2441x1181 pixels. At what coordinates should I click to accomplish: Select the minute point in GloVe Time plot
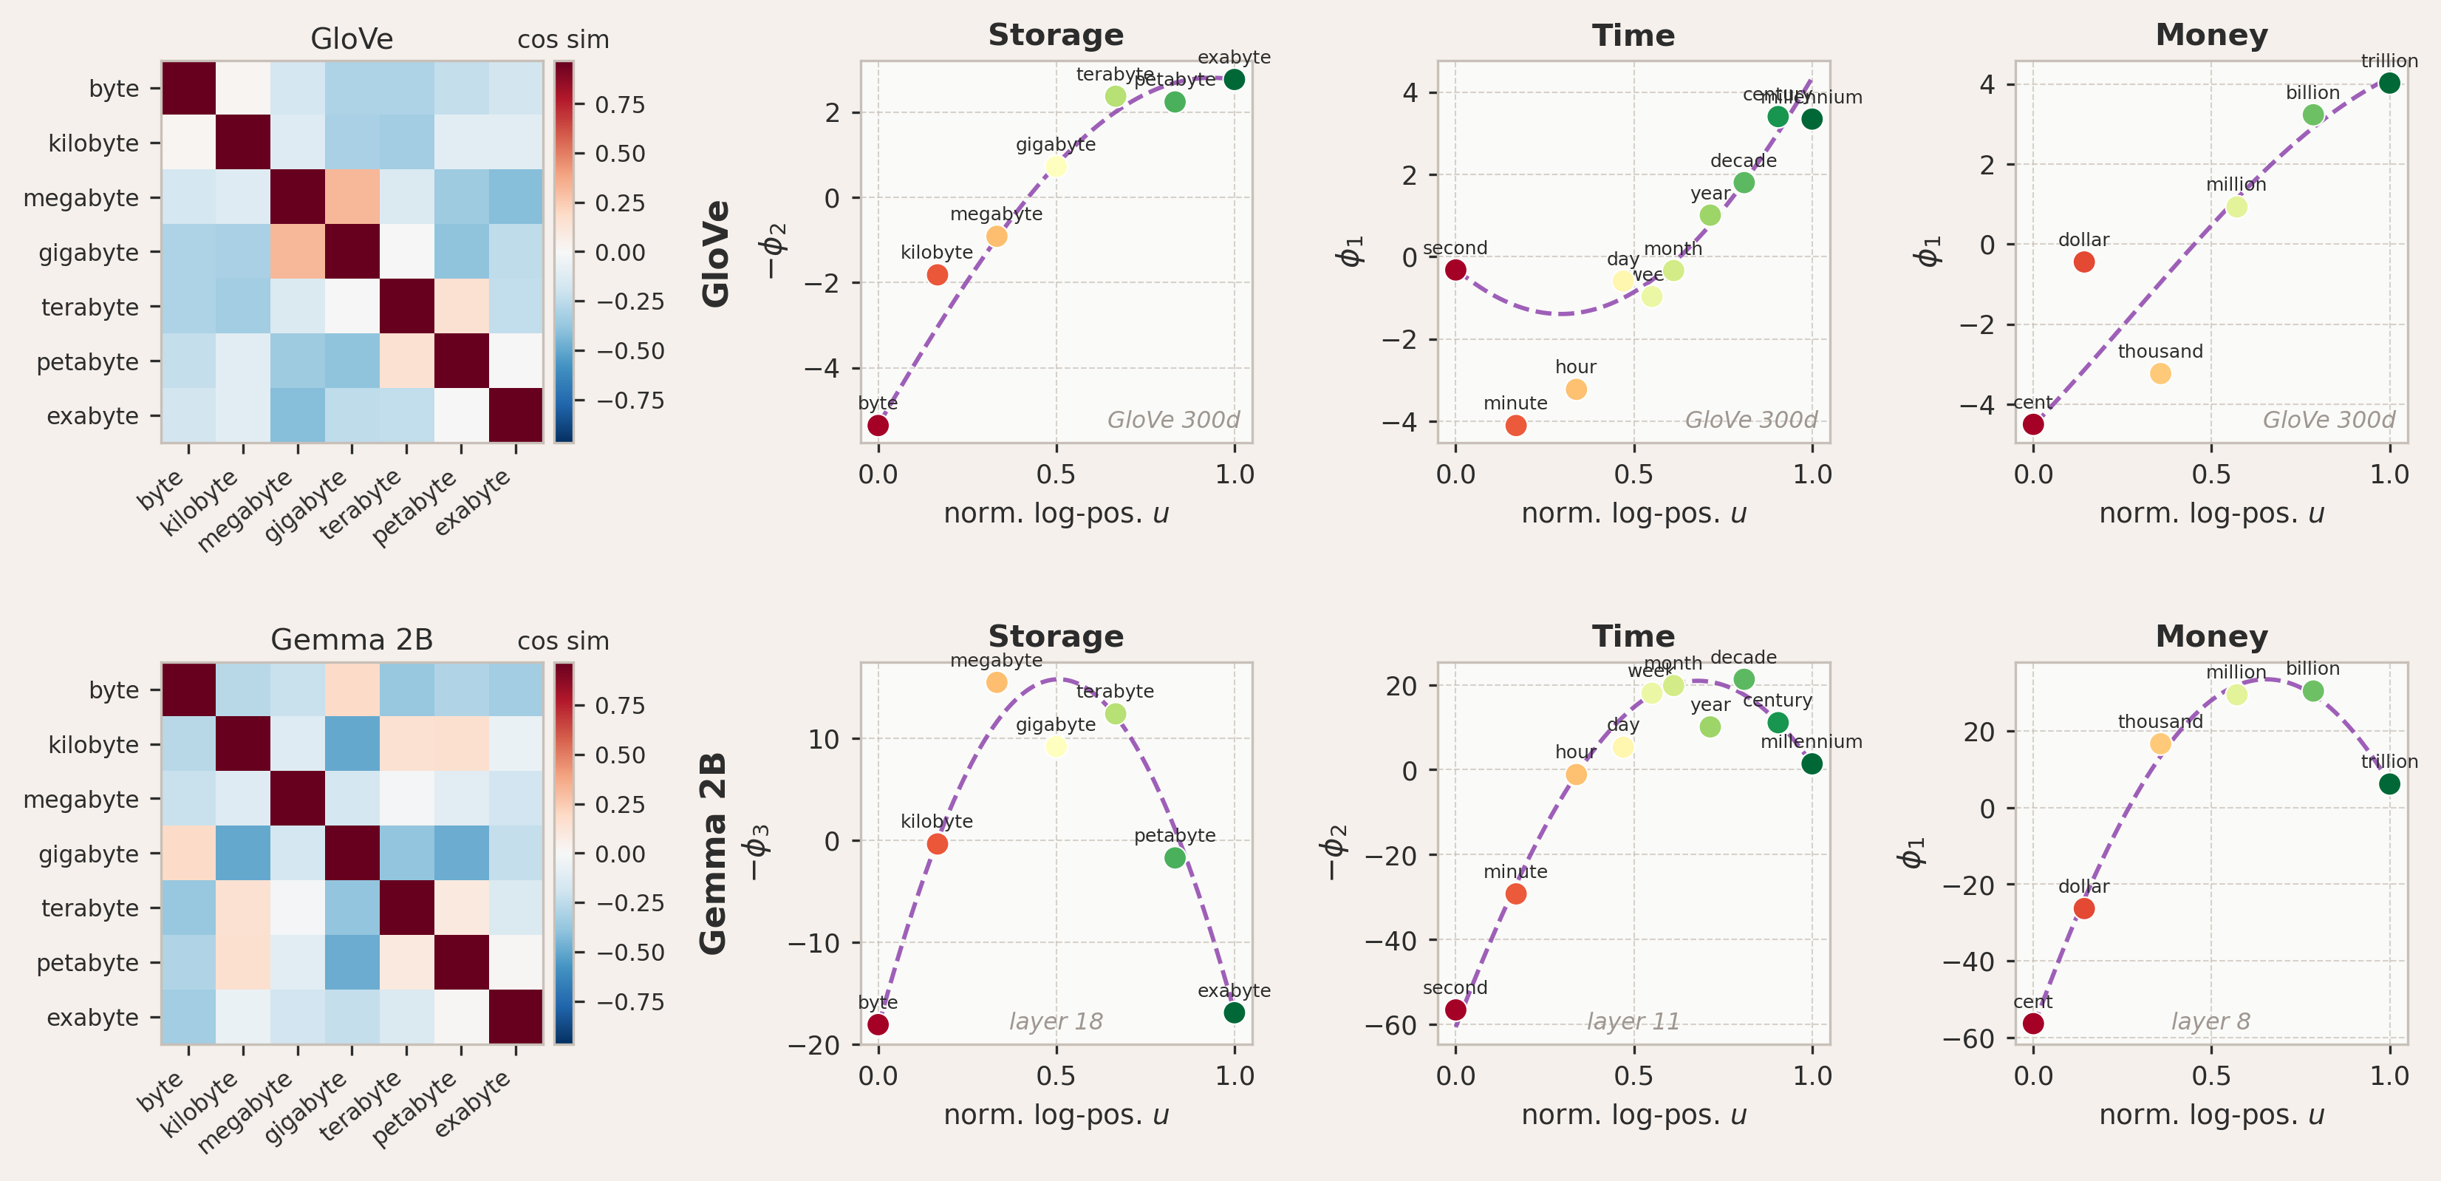(x=1515, y=426)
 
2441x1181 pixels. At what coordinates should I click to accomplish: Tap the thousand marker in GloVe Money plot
(x=2160, y=373)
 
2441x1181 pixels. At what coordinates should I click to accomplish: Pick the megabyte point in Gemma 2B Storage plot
(x=996, y=681)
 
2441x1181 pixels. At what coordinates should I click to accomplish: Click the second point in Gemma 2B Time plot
(x=1455, y=1010)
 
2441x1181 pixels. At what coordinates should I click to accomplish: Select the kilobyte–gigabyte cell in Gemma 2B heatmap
(x=352, y=744)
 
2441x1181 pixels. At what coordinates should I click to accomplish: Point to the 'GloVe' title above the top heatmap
(x=352, y=39)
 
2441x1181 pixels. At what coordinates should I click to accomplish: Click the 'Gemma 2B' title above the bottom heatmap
(x=352, y=640)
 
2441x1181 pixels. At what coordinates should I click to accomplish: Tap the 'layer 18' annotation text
(x=1056, y=1021)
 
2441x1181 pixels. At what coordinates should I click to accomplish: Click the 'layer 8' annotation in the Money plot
(x=2210, y=1021)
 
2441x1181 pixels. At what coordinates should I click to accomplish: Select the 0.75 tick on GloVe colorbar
(x=620, y=104)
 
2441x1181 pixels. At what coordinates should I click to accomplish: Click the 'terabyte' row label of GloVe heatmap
(x=90, y=307)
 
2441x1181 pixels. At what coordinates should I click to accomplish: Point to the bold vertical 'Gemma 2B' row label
(x=714, y=853)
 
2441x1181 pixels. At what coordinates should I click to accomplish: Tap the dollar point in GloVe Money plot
(x=2083, y=262)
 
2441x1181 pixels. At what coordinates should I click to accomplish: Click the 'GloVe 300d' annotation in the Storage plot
(x=1173, y=420)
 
